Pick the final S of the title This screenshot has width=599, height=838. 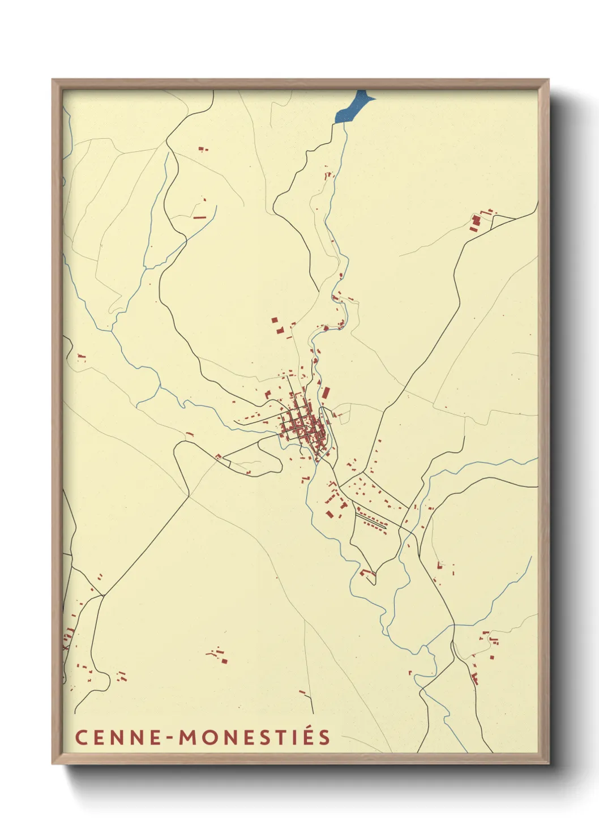(x=324, y=738)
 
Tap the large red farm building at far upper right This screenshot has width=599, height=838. (x=475, y=222)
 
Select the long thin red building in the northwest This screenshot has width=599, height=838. (x=200, y=217)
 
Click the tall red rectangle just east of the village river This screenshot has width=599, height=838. (x=326, y=392)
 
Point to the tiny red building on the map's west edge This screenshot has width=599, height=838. (x=81, y=357)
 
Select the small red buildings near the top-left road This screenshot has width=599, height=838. (x=202, y=149)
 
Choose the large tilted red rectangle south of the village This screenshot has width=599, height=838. (x=330, y=514)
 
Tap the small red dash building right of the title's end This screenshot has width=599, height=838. (x=302, y=692)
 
